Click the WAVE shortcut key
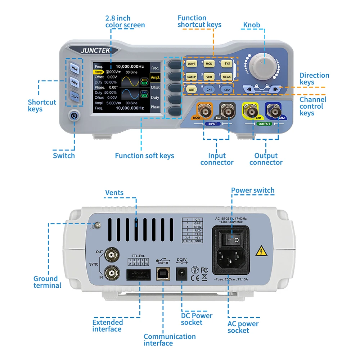192,64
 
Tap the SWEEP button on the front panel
192,77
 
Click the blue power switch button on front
74,116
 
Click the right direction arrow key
276,89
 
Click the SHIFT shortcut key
74,96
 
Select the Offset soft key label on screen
155,87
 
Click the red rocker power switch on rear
231,239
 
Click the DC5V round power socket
181,275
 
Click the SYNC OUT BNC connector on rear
111,256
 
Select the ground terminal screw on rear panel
98,225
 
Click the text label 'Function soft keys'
144,156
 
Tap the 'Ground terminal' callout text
47,282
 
